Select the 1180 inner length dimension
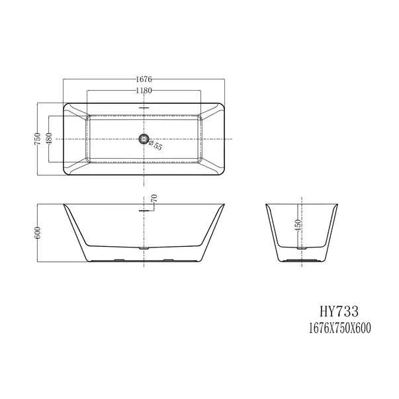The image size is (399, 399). click(x=143, y=91)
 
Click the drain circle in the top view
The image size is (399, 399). click(x=143, y=139)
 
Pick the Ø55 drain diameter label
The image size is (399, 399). click(x=156, y=146)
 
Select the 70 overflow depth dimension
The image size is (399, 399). click(x=154, y=198)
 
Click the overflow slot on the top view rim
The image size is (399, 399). click(x=143, y=108)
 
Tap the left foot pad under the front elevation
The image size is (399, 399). click(x=119, y=260)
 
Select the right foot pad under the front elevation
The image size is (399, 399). click(x=167, y=260)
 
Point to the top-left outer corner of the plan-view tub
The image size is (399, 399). click(x=64, y=103)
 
